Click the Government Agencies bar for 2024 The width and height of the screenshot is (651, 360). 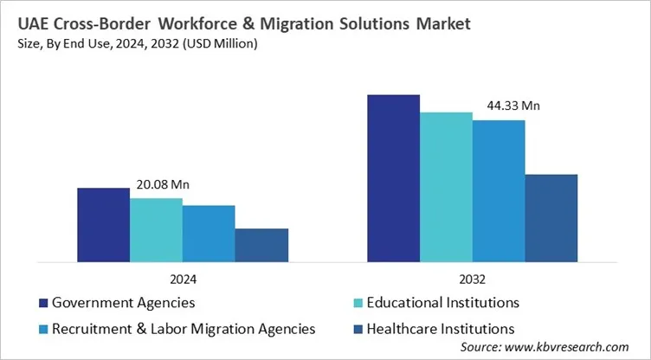104,224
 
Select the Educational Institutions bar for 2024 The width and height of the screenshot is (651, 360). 157,229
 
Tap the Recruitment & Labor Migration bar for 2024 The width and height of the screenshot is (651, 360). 209,233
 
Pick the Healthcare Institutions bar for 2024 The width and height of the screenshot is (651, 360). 261,245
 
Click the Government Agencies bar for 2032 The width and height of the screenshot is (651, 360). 394,177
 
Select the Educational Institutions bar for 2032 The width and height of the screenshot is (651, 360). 447,186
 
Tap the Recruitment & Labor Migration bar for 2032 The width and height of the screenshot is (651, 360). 499,190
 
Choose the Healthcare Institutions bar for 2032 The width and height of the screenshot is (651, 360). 551,217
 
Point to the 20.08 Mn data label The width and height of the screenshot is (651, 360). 163,184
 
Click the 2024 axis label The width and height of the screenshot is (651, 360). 183,280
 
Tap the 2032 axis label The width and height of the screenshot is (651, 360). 473,280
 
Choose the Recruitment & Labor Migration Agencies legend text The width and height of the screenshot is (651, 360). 184,328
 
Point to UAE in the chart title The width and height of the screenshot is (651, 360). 33,24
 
